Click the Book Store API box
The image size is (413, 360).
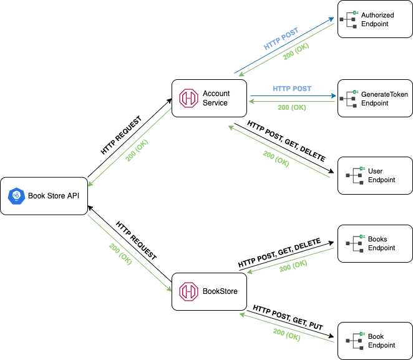click(x=44, y=196)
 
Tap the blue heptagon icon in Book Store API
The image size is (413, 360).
click(x=15, y=196)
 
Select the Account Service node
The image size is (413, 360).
click(x=209, y=99)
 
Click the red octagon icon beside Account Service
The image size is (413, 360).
click(x=188, y=99)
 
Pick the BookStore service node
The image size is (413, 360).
click(x=209, y=291)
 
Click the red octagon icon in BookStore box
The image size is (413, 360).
click(x=188, y=291)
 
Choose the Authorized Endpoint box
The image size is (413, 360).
click(x=374, y=19)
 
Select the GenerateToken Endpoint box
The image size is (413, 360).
click(x=374, y=99)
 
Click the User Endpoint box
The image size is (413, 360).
click(x=374, y=176)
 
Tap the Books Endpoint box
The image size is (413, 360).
click(x=374, y=243)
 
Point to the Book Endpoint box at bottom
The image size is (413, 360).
click(x=374, y=341)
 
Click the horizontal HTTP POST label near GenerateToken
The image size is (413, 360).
click(x=291, y=89)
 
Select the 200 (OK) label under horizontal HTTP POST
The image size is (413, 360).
click(x=291, y=107)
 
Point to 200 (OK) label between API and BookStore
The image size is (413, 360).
click(x=120, y=253)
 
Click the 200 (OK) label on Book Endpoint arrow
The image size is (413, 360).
click(x=286, y=334)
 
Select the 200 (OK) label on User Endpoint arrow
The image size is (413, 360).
click(x=276, y=158)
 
